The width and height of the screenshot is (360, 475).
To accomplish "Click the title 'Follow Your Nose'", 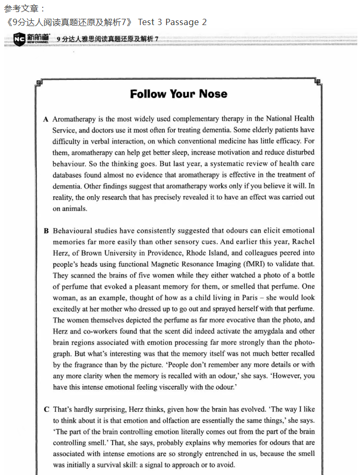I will point(178,94).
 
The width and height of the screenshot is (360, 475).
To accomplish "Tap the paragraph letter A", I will point(46,119).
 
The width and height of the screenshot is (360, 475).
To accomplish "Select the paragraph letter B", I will point(46,231).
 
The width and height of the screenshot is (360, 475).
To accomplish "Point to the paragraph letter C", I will point(46,409).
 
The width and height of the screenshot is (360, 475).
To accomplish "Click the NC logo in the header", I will point(20,39).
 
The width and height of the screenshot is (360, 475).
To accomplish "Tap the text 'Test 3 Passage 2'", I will point(172,22).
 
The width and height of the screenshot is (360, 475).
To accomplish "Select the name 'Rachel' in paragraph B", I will point(303,242).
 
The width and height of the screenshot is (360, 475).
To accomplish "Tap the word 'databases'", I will point(71,175).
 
